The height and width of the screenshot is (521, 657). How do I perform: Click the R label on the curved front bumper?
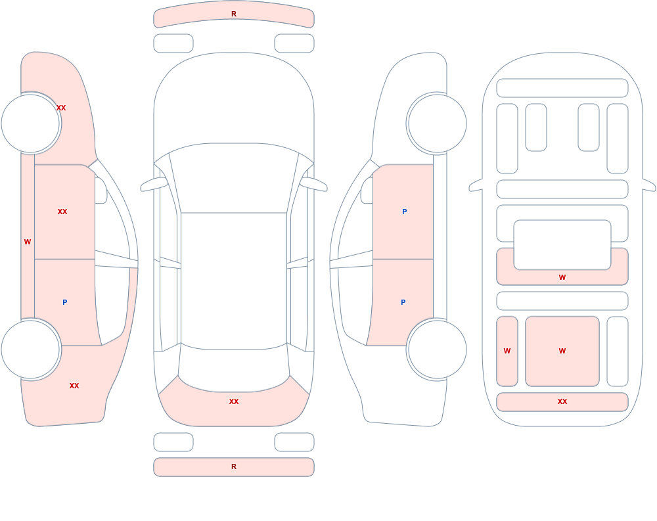[x=234, y=14]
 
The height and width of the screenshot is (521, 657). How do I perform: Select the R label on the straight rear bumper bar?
[x=234, y=466]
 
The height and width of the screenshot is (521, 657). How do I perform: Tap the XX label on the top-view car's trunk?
[x=234, y=401]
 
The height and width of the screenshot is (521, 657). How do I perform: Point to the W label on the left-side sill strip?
[x=28, y=242]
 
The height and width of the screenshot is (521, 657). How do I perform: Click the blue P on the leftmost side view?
[x=64, y=302]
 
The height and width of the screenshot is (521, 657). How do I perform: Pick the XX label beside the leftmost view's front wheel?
[x=61, y=108]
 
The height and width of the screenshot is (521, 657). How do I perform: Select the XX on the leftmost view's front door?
[x=62, y=212]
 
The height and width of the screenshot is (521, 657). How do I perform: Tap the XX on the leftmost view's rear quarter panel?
[x=74, y=386]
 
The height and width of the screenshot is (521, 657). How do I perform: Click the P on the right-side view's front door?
[x=404, y=212]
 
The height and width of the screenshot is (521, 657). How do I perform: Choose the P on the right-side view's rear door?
[x=403, y=302]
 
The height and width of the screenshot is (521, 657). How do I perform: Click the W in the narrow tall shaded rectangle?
[x=507, y=351]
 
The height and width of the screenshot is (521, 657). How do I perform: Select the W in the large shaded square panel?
[x=562, y=351]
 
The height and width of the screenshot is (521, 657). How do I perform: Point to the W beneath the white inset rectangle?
[x=562, y=277]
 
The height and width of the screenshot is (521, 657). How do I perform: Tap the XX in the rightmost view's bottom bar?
[x=562, y=401]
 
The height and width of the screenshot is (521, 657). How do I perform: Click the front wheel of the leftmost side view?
[x=31, y=124]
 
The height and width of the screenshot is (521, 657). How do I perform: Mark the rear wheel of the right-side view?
[x=437, y=350]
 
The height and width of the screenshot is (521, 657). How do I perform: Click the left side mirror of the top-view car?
[x=154, y=184]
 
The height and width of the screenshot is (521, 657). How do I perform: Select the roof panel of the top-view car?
[x=234, y=281]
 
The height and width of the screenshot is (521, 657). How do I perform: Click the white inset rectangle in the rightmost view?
[x=562, y=245]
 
